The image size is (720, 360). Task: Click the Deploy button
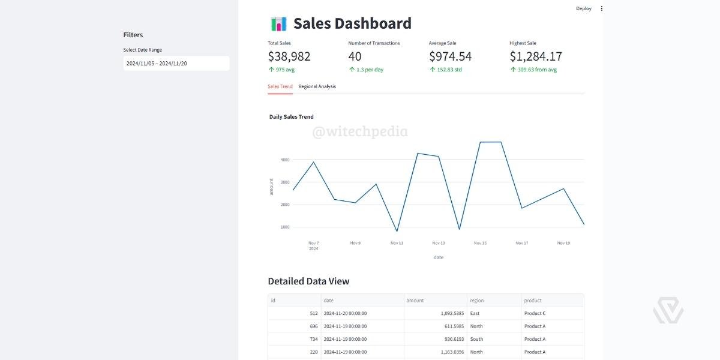[583, 8]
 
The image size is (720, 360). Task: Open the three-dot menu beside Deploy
[602, 8]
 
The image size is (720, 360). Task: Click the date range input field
[176, 63]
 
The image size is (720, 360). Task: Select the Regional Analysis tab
[317, 86]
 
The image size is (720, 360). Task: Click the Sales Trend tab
[280, 86]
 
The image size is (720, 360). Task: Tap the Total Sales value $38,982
[289, 56]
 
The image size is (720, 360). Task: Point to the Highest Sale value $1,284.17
[536, 56]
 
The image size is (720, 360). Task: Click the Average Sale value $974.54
[450, 56]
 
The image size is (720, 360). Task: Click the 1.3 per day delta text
[370, 70]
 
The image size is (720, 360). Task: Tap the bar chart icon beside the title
[278, 24]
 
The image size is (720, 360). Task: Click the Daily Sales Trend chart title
[292, 117]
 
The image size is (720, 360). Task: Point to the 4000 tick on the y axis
[284, 160]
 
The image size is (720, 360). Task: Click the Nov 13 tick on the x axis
[439, 243]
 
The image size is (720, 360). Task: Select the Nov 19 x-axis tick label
[563, 243]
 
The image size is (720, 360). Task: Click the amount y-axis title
[271, 187]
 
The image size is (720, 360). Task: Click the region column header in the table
[477, 301]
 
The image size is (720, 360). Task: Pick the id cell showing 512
[314, 313]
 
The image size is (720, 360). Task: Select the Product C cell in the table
[535, 313]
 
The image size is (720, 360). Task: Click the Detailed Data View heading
[308, 281]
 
